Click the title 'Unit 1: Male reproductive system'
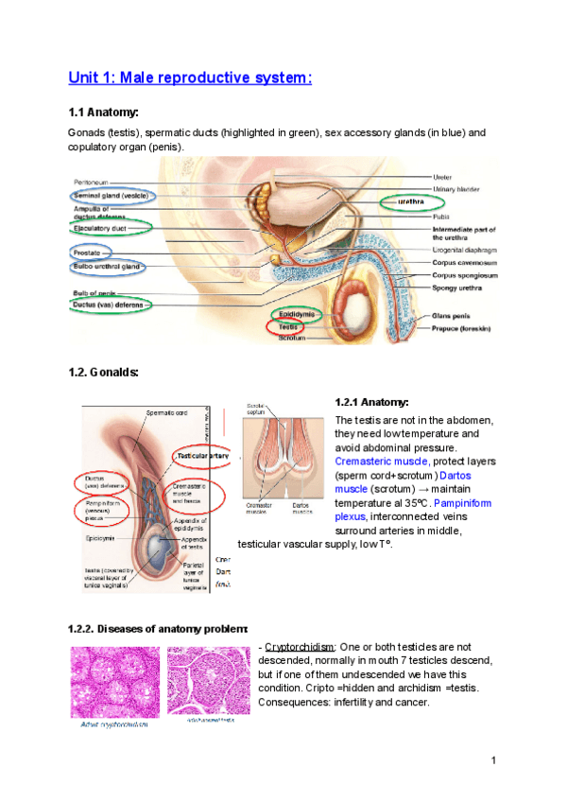click(x=189, y=77)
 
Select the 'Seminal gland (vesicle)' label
click(x=111, y=195)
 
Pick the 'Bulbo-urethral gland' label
click(x=108, y=268)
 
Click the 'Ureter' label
click(x=442, y=177)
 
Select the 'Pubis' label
click(x=441, y=217)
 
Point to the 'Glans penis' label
click(x=452, y=316)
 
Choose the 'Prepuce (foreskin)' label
click(x=465, y=329)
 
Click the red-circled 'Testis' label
click(x=287, y=325)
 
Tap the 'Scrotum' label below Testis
click(x=292, y=338)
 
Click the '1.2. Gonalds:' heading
click(x=104, y=372)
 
